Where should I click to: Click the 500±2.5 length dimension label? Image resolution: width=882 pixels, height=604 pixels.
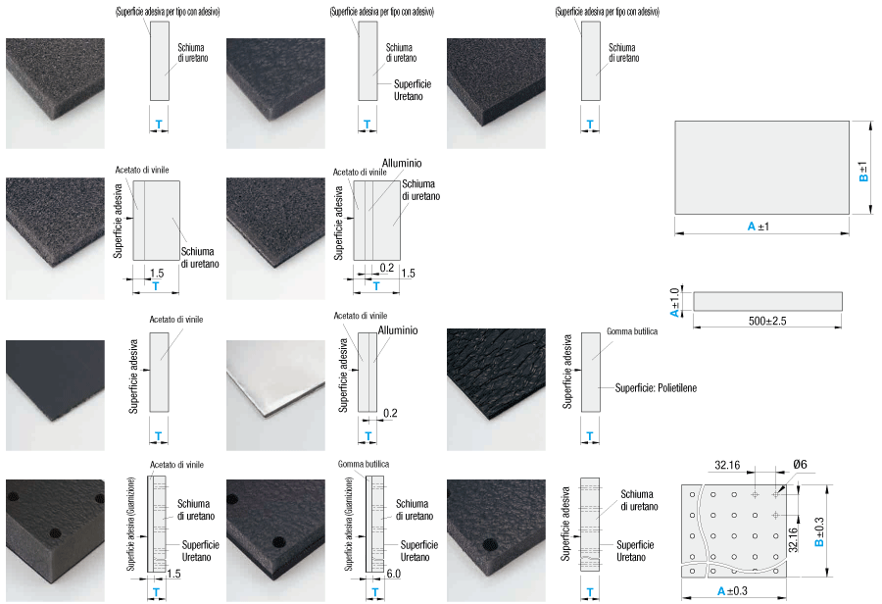[767, 321]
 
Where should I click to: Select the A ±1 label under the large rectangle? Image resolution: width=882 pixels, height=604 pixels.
[759, 226]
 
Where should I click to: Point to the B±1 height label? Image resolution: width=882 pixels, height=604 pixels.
[863, 172]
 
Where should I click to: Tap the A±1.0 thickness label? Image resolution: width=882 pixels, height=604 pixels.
[674, 302]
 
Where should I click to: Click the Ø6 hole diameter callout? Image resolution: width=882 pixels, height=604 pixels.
[800, 465]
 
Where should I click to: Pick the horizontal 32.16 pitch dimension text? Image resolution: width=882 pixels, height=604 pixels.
[727, 465]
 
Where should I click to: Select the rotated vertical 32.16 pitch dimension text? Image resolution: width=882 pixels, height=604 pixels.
[793, 539]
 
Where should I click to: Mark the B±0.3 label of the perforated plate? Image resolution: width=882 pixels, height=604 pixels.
[819, 532]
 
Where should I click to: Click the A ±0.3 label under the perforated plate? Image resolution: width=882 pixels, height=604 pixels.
[732, 591]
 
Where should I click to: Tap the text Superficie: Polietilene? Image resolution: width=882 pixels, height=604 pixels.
[656, 388]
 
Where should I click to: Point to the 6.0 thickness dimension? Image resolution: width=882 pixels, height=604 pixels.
[394, 574]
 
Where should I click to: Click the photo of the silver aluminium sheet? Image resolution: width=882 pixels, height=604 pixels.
[275, 395]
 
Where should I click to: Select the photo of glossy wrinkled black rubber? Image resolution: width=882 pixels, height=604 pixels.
[496, 389]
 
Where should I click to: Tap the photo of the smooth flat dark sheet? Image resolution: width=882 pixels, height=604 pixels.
[55, 395]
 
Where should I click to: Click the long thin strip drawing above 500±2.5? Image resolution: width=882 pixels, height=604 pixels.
[767, 301]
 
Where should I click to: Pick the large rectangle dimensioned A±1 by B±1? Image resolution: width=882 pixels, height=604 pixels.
[762, 168]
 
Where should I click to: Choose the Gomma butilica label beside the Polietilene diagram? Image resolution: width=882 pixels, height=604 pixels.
[632, 331]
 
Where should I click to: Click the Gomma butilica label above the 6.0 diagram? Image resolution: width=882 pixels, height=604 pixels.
[364, 465]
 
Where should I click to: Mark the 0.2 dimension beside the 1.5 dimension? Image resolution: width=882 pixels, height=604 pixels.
[386, 268]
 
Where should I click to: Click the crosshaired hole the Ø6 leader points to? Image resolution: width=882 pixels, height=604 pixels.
[776, 494]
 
